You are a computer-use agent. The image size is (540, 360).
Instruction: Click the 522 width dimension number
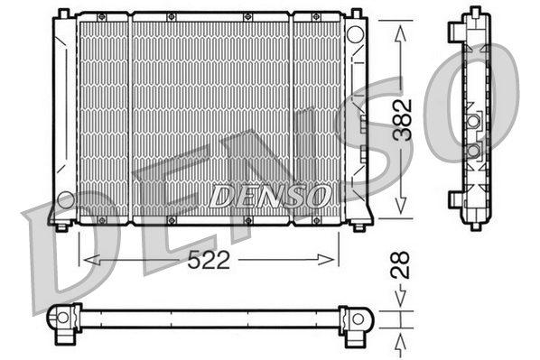(x=209, y=261)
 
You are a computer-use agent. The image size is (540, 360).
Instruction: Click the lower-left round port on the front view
(x=65, y=198)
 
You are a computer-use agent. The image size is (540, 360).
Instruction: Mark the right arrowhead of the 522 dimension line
(x=331, y=261)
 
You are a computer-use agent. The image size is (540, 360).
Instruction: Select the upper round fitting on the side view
(x=472, y=120)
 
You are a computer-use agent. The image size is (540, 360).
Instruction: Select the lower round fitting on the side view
(x=472, y=150)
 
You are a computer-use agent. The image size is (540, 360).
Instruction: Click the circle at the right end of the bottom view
(x=358, y=318)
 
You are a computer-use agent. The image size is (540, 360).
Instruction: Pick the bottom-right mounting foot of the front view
(x=362, y=224)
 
